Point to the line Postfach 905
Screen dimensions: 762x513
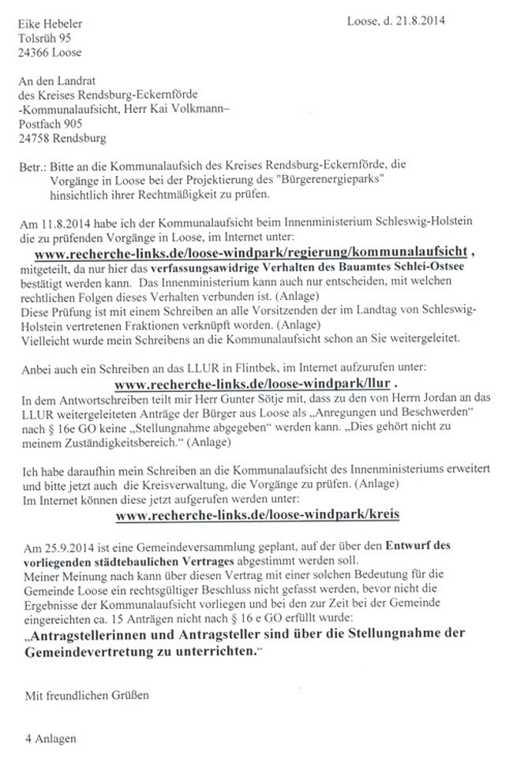[51, 123]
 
